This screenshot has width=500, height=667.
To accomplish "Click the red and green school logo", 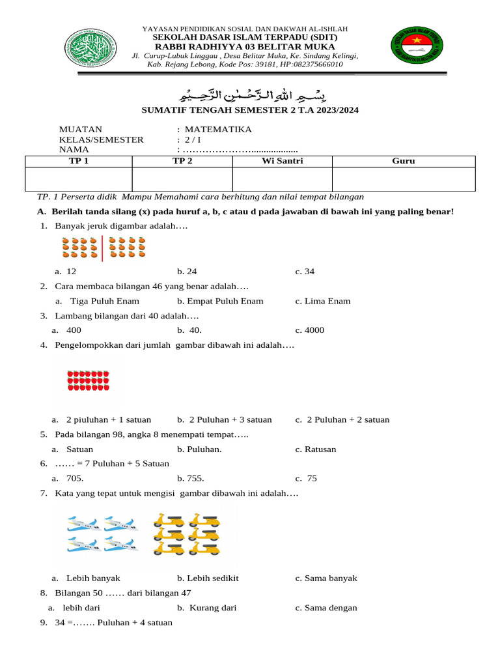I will (x=417, y=50).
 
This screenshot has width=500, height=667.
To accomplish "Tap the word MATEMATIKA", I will (x=218, y=130).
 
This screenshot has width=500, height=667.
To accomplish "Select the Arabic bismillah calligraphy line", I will (x=251, y=92).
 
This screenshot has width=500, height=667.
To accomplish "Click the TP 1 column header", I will (x=78, y=162).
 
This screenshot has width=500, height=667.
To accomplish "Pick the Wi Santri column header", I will (x=282, y=162).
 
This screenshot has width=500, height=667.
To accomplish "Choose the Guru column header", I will (x=403, y=162).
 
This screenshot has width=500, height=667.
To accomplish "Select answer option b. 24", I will (x=187, y=272).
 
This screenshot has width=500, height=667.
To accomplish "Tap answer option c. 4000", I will (x=309, y=330).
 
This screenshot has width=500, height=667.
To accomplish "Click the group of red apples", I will (x=88, y=381).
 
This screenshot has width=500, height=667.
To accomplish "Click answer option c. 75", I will (x=306, y=479).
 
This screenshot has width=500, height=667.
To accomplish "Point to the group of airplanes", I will (x=102, y=533).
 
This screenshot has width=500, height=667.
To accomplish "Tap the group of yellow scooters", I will (x=186, y=534).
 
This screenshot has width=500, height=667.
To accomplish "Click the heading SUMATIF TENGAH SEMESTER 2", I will (x=250, y=110).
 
